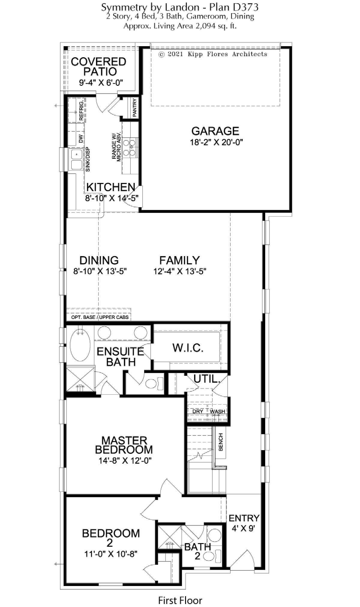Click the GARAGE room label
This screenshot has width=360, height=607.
215,131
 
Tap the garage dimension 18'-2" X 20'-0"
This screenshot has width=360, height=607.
216,142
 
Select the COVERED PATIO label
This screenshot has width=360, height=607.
99,67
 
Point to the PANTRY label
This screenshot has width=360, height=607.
134,108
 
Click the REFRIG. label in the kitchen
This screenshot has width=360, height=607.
81,111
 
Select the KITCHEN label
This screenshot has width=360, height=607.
111,187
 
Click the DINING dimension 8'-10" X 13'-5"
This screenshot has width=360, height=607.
100,271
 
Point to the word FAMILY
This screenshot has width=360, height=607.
179,260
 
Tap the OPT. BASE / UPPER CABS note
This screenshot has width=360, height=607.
100,317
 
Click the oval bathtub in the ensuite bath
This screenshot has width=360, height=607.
80,345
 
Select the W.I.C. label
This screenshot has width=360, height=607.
188,348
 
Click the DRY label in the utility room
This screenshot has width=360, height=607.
198,411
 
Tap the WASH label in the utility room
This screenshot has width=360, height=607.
217,411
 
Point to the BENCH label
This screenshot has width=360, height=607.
221,442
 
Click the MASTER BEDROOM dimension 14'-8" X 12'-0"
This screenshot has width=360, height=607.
125,460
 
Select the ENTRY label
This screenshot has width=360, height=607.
244,518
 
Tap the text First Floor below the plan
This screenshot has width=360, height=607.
180,592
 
